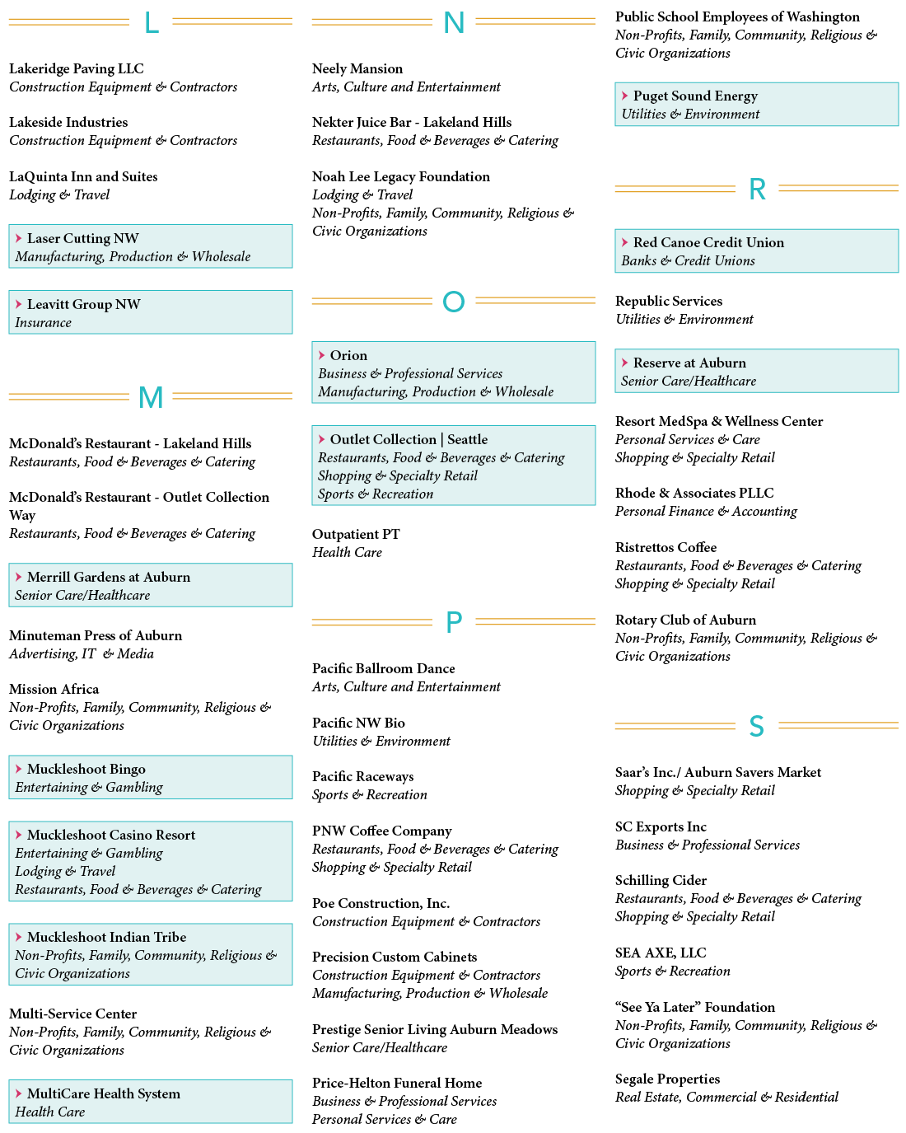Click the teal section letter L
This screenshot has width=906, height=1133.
[x=151, y=22]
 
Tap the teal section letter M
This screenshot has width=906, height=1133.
[x=151, y=397]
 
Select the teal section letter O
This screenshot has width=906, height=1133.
[x=453, y=302]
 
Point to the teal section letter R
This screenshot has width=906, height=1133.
[x=756, y=190]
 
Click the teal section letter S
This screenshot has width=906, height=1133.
[x=756, y=727]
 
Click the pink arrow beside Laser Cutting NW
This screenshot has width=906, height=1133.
[x=18, y=238]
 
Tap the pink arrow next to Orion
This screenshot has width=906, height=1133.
[x=321, y=355]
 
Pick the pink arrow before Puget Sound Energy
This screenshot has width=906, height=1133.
[x=624, y=96]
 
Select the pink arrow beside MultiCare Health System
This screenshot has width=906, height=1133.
[x=18, y=1093]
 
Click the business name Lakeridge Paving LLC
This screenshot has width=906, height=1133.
[x=77, y=69]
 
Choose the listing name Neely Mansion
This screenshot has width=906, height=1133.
[x=357, y=69]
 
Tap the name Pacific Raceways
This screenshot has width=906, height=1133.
[x=362, y=776]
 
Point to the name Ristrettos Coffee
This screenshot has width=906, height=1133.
[x=665, y=547]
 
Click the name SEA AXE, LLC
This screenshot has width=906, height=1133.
[x=661, y=953]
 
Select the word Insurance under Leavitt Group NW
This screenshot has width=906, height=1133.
[x=43, y=323]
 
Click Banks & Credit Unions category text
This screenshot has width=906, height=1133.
[x=688, y=261]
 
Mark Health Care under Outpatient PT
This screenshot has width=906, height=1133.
[x=347, y=553]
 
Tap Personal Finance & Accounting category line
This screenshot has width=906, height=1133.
[x=706, y=512]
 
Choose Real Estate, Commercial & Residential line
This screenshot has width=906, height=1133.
[x=726, y=1098]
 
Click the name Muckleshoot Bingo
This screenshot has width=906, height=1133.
[x=86, y=769]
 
